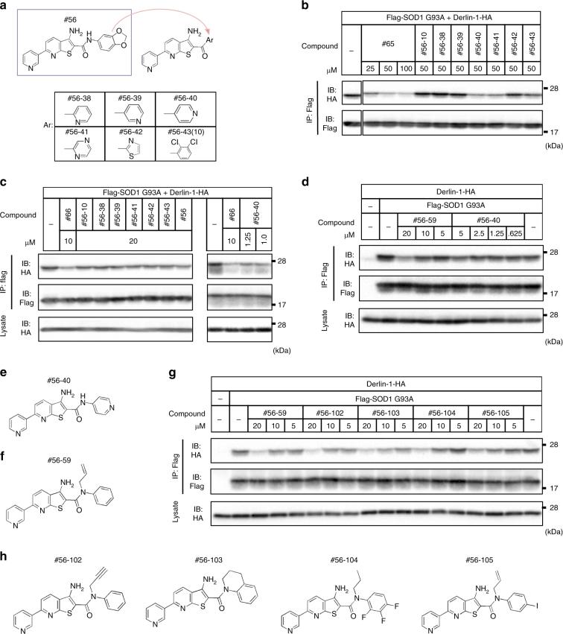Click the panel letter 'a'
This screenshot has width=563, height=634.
coord(5,6)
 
